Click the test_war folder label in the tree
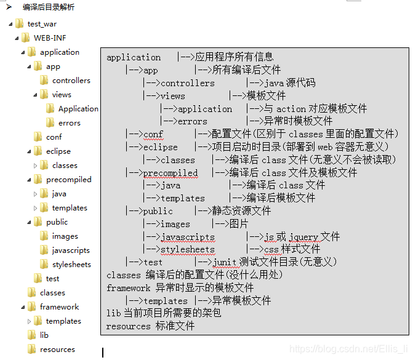(x=42, y=24)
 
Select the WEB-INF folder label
(x=49, y=38)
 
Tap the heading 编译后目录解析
(x=49, y=7)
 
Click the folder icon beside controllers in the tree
(x=44, y=81)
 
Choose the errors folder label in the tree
(x=69, y=123)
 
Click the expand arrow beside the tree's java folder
(x=35, y=194)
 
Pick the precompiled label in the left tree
(x=68, y=180)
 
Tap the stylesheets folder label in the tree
(x=71, y=265)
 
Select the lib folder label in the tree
(x=44, y=335)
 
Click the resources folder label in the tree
(x=57, y=350)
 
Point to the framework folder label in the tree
(x=59, y=307)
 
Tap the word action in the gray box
(x=291, y=108)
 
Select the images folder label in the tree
(x=65, y=236)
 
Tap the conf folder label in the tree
(x=54, y=137)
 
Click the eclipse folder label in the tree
(x=58, y=151)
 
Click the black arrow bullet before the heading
(x=10, y=7)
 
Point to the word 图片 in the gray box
(x=239, y=224)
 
